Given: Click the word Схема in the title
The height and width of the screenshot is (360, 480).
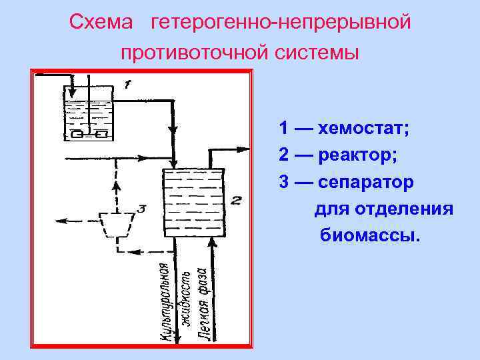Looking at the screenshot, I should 101,23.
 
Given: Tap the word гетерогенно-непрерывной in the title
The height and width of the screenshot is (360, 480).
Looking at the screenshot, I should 280,23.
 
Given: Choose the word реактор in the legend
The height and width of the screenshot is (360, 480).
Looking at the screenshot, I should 358,155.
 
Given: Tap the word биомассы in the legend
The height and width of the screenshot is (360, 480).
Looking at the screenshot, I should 371,235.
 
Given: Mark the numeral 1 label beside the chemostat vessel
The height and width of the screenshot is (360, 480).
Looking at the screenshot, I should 128,84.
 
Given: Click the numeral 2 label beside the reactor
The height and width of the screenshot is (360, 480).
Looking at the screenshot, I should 236,199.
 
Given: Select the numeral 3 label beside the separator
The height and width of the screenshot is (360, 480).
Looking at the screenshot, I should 141,209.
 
